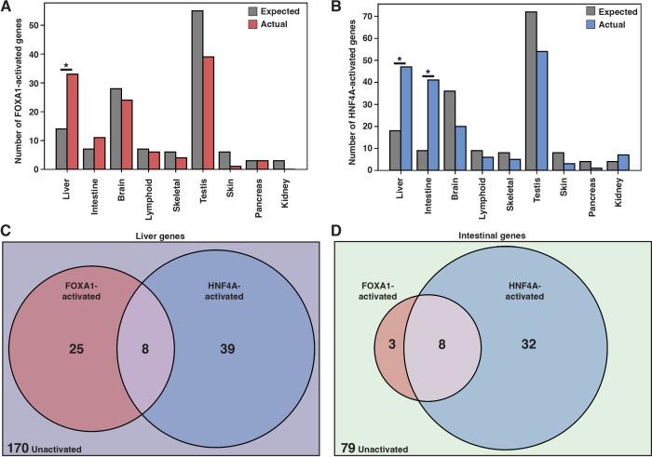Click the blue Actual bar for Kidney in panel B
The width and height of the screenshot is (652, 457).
point(623,162)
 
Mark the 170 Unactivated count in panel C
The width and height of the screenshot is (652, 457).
point(45,448)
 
